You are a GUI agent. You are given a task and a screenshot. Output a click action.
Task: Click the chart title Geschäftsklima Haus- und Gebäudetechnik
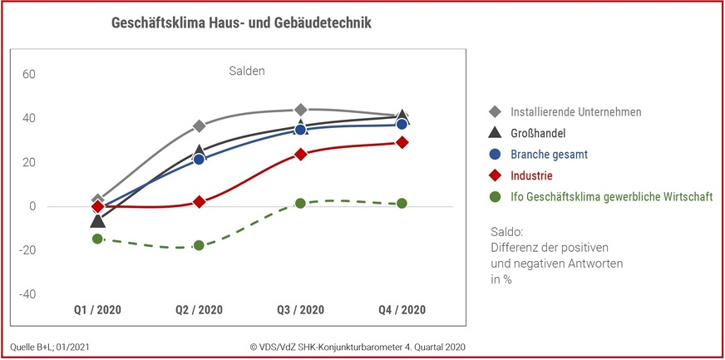(x=241, y=23)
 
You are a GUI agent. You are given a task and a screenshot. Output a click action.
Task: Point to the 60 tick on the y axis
(x=28, y=74)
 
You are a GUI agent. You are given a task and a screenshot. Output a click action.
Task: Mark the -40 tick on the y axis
(x=27, y=294)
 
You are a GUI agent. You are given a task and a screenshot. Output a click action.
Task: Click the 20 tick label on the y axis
(x=28, y=162)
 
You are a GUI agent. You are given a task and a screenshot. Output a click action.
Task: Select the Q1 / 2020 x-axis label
(x=97, y=310)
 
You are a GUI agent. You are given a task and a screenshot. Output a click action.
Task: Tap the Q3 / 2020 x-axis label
(x=300, y=310)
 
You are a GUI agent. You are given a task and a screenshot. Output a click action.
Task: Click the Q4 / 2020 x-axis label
(x=402, y=310)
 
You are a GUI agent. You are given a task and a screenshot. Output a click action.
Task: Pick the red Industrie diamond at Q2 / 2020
(x=199, y=202)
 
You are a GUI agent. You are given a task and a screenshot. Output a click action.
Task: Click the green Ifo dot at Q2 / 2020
(x=199, y=245)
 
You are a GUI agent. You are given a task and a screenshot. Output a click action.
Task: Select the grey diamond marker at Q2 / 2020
(x=199, y=126)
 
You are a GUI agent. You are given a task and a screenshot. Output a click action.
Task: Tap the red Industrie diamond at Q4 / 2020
(x=402, y=142)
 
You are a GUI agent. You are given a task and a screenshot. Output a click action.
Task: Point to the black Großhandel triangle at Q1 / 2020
(x=97, y=221)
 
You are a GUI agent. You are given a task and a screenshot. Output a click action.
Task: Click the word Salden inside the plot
(x=247, y=72)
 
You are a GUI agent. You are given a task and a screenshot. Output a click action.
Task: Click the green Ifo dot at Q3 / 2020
(x=300, y=203)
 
